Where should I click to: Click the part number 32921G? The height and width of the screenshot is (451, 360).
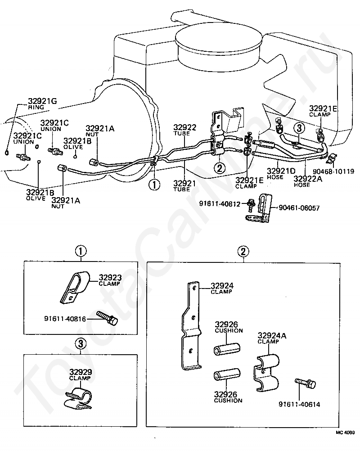click(43, 101)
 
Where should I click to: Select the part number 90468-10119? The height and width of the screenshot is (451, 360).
click(333, 171)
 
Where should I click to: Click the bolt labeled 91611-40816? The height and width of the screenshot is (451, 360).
click(108, 317)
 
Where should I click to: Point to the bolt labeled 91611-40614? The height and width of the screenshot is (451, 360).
click(306, 383)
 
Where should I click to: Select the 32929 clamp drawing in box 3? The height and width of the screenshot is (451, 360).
click(78, 398)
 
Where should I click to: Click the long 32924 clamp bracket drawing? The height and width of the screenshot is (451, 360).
click(191, 325)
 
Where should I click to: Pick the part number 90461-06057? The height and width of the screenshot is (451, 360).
click(299, 208)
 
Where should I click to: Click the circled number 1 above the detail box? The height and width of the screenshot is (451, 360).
click(81, 252)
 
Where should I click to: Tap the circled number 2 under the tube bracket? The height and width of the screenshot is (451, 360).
click(220, 168)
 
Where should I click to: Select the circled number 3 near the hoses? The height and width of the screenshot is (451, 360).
click(299, 129)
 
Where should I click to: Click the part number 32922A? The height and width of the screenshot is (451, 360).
click(308, 179)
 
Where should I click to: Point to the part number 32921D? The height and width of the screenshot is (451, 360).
click(281, 171)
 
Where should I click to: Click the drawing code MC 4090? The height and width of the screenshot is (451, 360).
click(345, 433)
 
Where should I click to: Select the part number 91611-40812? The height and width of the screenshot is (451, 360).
click(220, 204)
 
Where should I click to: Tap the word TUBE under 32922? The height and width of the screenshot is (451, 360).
click(182, 134)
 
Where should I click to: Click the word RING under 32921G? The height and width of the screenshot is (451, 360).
click(36, 107)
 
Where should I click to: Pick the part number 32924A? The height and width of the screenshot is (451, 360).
click(272, 335)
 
